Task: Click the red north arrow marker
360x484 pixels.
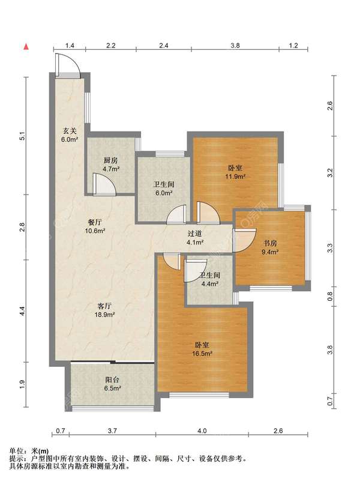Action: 26,47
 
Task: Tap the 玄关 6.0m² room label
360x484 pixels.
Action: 69,135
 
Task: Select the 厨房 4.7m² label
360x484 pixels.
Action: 111,165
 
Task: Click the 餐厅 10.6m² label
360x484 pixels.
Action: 95,226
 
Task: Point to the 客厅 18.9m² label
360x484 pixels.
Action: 104,310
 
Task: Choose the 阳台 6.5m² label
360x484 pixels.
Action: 112,384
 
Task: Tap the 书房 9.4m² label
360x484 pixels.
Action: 270,247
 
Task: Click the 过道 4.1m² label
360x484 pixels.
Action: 194,238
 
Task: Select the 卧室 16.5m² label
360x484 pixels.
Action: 202,349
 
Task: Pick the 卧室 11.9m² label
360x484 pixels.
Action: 235,172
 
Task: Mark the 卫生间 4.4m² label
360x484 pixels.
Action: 210,279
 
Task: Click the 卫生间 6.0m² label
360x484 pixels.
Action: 164,189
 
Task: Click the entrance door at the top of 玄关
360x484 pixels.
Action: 68,65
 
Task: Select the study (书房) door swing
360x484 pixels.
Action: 244,240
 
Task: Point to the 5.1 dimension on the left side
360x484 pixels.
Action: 22,136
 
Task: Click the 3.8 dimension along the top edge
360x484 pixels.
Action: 235,46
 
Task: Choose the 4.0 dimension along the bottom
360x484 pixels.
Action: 202,431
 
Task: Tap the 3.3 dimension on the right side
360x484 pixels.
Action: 330,248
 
